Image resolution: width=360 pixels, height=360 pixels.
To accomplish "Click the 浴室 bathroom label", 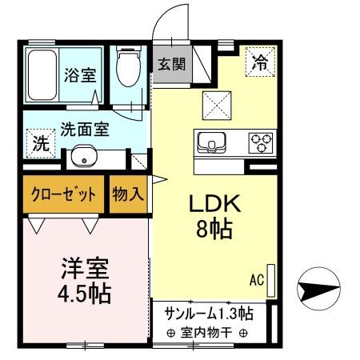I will point(79,76).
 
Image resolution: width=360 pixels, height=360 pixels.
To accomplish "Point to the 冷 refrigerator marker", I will point(261,60).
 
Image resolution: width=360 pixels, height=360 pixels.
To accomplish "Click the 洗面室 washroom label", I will point(86,127).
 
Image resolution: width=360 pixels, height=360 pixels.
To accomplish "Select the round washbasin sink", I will point(83,156).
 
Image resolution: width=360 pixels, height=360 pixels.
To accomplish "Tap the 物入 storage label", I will point(129,194).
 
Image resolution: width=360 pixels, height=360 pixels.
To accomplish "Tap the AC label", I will point(256,280).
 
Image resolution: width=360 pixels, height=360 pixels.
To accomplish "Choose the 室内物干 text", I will point(207,333).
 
